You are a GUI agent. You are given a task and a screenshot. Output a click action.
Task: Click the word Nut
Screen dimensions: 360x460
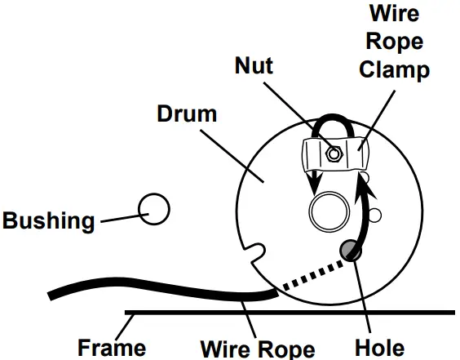click(x=255, y=64)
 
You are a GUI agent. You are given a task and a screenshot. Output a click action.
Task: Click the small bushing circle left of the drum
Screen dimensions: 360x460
click(x=153, y=209)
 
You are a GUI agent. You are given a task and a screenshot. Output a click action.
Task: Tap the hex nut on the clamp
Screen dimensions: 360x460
click(x=332, y=151)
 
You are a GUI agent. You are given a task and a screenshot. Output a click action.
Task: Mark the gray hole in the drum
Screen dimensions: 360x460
click(x=353, y=251)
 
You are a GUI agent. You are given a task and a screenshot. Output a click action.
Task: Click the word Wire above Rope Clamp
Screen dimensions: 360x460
click(x=396, y=15)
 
